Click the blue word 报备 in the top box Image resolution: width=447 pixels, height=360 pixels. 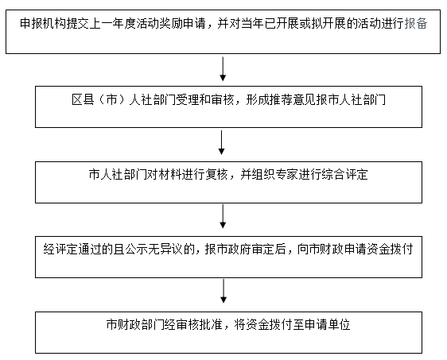coord(416,23)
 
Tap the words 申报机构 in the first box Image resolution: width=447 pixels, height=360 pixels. coord(43,23)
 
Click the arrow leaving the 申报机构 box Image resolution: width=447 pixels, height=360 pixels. coord(223,69)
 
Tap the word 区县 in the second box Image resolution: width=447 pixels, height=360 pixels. coord(83,99)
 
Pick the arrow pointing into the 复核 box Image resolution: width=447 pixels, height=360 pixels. coord(221,143)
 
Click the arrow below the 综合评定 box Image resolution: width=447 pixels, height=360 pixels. coord(223,216)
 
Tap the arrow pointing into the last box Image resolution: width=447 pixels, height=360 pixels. coord(223,291)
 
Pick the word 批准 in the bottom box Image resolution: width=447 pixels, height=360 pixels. coord(211,324)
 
